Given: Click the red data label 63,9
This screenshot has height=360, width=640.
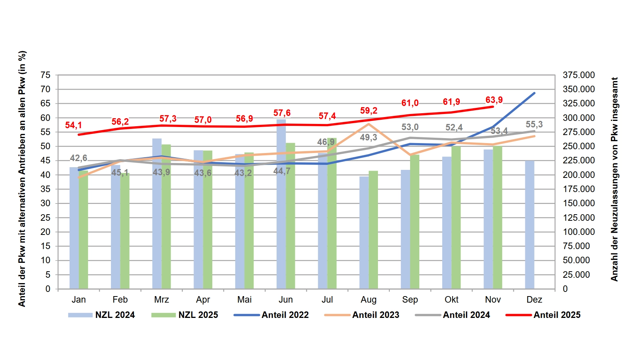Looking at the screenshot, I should click(494, 100).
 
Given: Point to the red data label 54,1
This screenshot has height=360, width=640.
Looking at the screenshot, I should click(73, 125).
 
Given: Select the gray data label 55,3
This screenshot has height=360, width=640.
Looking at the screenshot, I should click(534, 125).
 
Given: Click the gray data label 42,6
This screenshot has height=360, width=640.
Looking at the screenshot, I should click(78, 158).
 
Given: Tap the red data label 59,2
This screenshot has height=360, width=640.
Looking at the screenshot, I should click(369, 111).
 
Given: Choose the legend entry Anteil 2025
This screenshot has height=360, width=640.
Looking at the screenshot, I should click(543, 315).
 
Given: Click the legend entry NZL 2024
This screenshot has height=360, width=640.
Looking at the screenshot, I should click(102, 315).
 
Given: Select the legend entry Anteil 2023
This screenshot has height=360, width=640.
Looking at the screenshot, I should click(362, 315).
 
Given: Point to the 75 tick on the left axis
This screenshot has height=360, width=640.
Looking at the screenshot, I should click(46, 75).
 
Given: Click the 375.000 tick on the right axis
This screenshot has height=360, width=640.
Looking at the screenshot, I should click(578, 75).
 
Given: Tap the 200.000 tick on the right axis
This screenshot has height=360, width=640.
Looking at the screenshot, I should click(578, 175).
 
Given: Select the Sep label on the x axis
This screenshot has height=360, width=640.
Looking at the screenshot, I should click(410, 300).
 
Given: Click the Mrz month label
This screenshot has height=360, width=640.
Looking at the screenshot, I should click(161, 300).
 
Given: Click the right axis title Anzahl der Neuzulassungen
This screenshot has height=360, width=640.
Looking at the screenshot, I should click(614, 179).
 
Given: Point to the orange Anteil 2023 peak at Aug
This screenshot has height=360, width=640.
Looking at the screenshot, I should click(368, 124).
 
